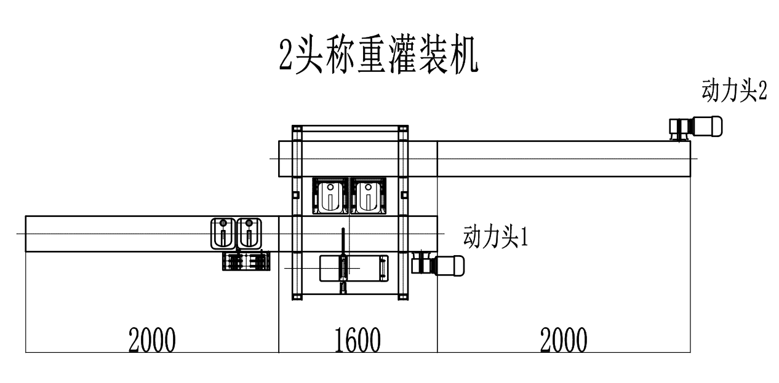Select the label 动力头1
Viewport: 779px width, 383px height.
pyautogui.click(x=495, y=236)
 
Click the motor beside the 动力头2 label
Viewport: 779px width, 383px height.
pyautogui.click(x=695, y=127)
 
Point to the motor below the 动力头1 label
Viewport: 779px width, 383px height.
pyautogui.click(x=437, y=264)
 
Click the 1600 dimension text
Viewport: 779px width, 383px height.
pyautogui.click(x=358, y=340)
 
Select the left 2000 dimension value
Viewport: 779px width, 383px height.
pyautogui.click(x=151, y=340)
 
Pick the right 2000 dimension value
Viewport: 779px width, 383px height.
pyautogui.click(x=564, y=340)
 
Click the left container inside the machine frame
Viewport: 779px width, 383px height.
pyautogui.click(x=331, y=195)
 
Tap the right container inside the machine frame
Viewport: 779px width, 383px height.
pyautogui.click(x=367, y=195)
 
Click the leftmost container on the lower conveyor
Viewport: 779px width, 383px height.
pyautogui.click(x=222, y=234)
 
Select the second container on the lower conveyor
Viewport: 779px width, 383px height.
pyautogui.click(x=249, y=234)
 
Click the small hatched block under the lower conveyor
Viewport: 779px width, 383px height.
pyautogui.click(x=246, y=261)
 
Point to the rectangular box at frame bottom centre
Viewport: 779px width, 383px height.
pyautogui.click(x=354, y=269)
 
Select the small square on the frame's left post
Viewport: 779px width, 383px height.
pyautogui.click(x=296, y=195)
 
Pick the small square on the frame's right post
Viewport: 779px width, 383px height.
pyautogui.click(x=404, y=195)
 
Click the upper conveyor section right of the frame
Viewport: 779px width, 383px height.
pyautogui.click(x=563, y=159)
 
